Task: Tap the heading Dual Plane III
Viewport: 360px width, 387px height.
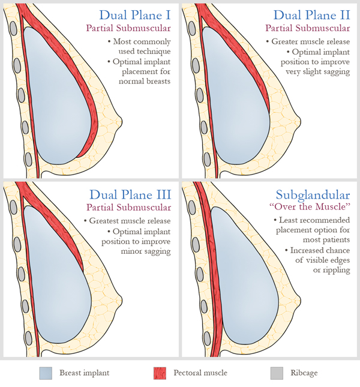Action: [x=130, y=194]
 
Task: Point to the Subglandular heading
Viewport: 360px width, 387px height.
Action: [x=314, y=194]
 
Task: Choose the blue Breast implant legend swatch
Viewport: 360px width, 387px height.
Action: [x=47, y=373]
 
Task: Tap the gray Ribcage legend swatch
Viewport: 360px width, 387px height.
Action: [x=276, y=373]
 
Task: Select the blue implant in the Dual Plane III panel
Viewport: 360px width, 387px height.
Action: [x=60, y=282]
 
